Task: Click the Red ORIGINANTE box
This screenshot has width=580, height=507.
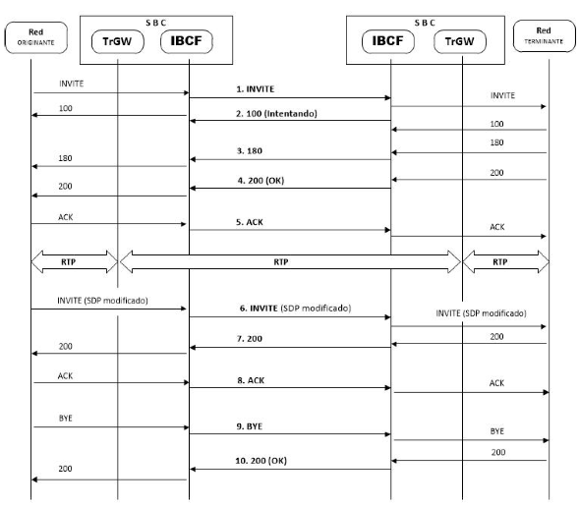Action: (x=35, y=37)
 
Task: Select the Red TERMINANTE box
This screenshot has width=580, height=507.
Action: (x=545, y=36)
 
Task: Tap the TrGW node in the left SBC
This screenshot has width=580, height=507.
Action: (x=118, y=41)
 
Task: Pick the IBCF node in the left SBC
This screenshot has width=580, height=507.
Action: (x=187, y=41)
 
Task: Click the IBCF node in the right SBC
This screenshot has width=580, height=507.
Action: (x=388, y=41)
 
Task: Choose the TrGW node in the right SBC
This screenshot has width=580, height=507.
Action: (x=460, y=41)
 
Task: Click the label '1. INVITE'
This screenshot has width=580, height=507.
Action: (x=256, y=89)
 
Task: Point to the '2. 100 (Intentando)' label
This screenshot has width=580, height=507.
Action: (x=276, y=114)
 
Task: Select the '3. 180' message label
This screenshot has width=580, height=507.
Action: (x=250, y=151)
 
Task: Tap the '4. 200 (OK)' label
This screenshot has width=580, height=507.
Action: (x=261, y=181)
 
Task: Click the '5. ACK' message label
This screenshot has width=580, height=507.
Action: (x=250, y=222)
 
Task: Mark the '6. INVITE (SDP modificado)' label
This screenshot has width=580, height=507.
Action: (x=295, y=309)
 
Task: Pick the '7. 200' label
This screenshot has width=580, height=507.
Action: (x=250, y=339)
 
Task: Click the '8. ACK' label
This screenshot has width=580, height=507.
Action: (x=251, y=380)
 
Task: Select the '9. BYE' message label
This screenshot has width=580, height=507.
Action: (x=250, y=426)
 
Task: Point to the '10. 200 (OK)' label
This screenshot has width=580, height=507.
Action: (x=261, y=461)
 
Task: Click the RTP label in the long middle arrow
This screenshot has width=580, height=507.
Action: (x=281, y=262)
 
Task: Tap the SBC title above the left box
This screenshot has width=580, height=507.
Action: (x=155, y=23)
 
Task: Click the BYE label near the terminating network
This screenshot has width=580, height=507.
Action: (x=497, y=431)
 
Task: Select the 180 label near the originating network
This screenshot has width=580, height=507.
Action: (x=65, y=158)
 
